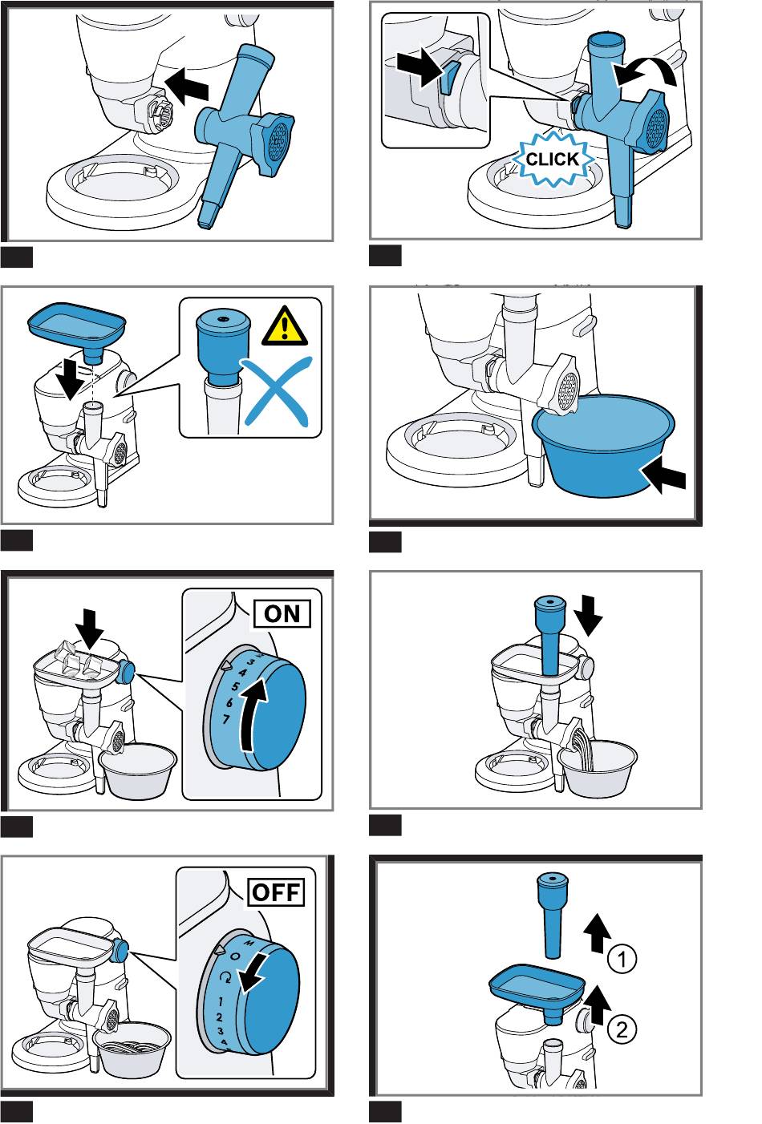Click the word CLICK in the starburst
click(552, 160)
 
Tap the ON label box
click(282, 613)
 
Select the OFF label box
click(277, 892)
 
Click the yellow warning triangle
click(285, 326)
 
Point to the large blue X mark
click(276, 391)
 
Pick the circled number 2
click(622, 1029)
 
